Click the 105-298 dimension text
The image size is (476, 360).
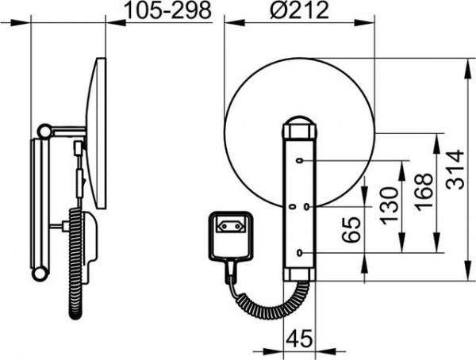(x=168, y=10)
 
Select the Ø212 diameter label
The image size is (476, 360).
(x=299, y=10)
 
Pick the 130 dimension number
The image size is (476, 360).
(x=389, y=206)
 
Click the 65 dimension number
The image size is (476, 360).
(x=351, y=229)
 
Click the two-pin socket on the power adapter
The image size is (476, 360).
(x=232, y=226)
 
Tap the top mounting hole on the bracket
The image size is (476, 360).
(x=299, y=161)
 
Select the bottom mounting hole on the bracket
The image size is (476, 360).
(x=300, y=252)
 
